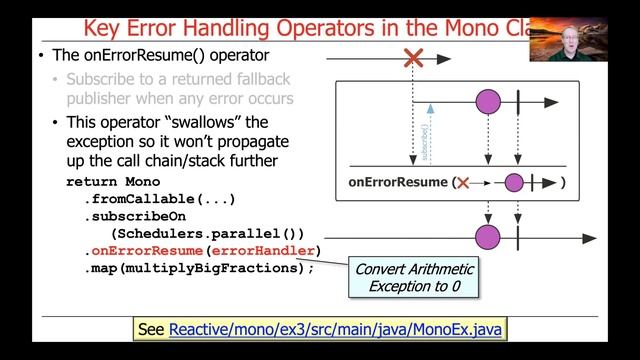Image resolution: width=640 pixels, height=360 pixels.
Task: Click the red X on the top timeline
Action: tap(412, 59)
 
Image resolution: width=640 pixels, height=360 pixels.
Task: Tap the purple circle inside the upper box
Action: tap(487, 101)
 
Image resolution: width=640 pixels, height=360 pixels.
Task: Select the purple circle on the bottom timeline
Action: tap(487, 237)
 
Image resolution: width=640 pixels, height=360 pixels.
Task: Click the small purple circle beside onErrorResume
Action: tap(514, 183)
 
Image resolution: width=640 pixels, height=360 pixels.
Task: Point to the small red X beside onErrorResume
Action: tap(463, 183)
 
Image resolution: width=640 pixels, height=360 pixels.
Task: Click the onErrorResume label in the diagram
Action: tap(397, 183)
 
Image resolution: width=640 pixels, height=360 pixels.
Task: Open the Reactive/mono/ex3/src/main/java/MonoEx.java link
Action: tap(336, 329)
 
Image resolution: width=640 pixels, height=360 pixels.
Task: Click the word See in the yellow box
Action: tap(150, 329)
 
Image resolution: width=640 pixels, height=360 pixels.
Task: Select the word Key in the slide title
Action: tap(104, 27)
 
